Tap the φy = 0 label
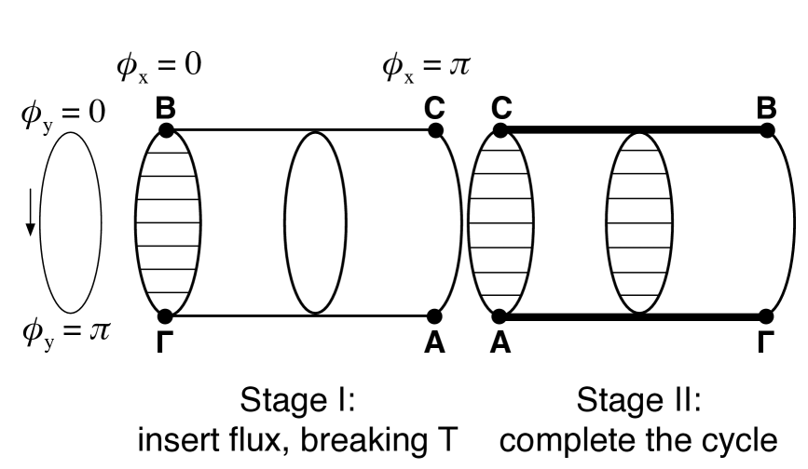click(x=63, y=115)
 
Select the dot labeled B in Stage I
click(x=166, y=131)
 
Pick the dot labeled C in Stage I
click(x=434, y=131)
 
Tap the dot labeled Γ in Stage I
click(x=166, y=316)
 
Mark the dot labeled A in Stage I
click(x=434, y=316)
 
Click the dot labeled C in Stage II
click(x=500, y=131)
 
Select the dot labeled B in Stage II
click(x=767, y=131)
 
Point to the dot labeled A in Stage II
click(x=500, y=316)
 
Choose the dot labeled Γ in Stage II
click(x=767, y=316)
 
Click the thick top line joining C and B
click(x=634, y=131)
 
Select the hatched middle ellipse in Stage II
click(x=639, y=223)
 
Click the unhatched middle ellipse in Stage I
click(x=317, y=223)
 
